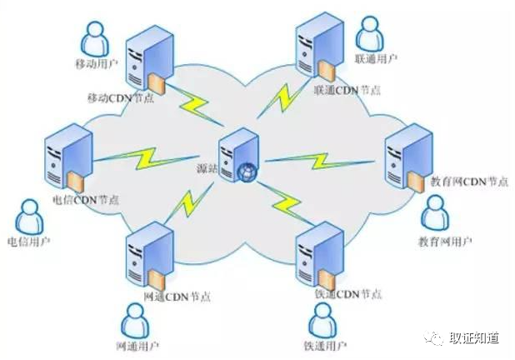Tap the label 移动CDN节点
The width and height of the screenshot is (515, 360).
120,98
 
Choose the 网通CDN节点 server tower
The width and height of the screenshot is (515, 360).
149,255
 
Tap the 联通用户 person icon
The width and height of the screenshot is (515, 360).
370,34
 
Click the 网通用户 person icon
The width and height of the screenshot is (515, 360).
137,321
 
